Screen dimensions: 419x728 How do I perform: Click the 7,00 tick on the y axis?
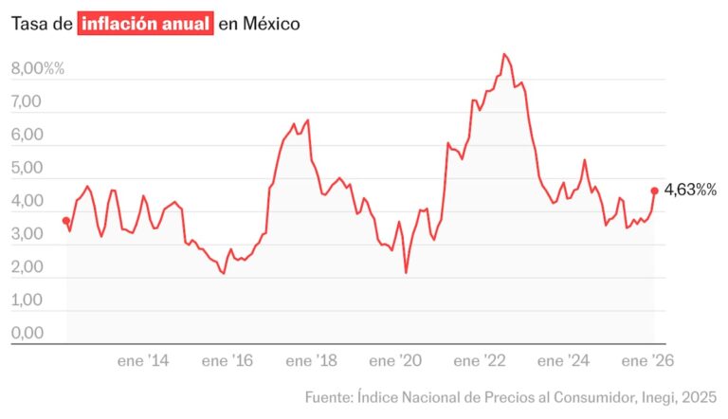pos(27,102)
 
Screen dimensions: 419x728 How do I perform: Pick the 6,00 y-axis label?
pos(27,136)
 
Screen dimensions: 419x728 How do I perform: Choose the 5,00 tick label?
pos(27,169)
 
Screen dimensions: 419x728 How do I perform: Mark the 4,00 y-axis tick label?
pos(27,202)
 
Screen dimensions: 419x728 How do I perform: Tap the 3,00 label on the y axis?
pos(27,234)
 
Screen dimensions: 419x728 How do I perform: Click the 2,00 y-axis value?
pos(27,267)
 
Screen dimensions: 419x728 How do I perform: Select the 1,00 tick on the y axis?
pos(27,301)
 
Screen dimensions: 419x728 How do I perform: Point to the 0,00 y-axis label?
pos(27,334)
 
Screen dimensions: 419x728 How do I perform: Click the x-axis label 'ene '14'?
pos(143,361)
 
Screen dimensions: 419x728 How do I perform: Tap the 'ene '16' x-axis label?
pos(228,361)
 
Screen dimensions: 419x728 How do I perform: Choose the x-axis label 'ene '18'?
pos(312,361)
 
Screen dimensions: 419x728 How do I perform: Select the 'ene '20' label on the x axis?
pos(396,361)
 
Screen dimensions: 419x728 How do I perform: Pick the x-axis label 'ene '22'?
pos(481,361)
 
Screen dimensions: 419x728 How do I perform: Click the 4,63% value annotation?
pos(691,190)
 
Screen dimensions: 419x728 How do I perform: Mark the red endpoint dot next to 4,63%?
pos(654,190)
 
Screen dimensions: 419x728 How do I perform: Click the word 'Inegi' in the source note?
pos(654,395)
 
